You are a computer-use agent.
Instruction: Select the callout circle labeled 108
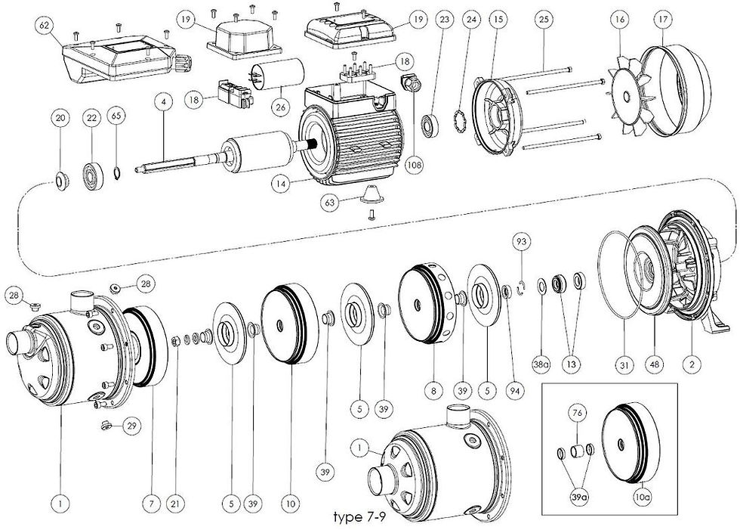(x=414, y=163)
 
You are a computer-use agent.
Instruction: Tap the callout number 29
(x=131, y=427)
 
